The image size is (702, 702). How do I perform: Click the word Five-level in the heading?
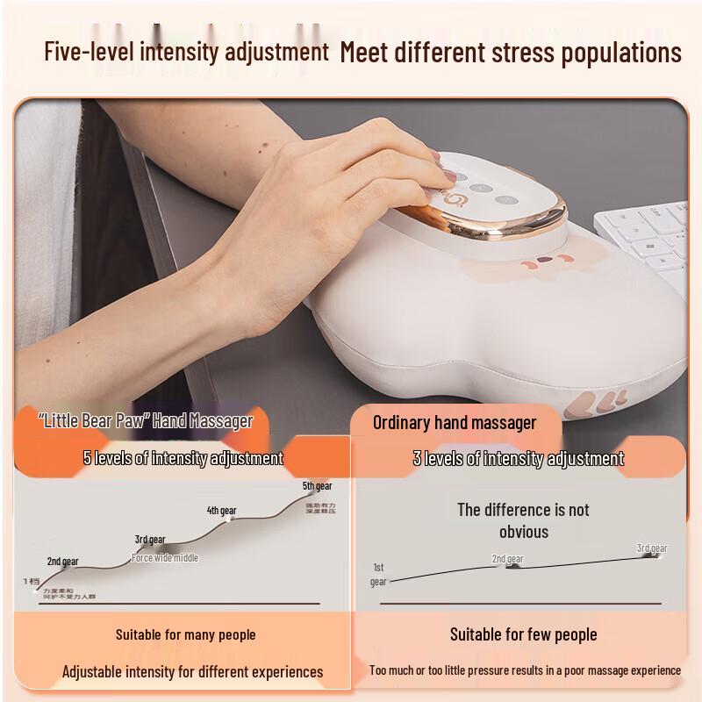coord(83,51)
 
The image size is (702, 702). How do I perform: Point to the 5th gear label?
coord(318,486)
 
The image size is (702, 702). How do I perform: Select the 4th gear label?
coord(221,511)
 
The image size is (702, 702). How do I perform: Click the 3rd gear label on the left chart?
coord(150,540)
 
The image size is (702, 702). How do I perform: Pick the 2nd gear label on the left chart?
coord(62,562)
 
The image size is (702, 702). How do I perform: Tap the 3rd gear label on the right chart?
coord(652,548)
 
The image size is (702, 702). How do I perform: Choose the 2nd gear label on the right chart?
coord(507,559)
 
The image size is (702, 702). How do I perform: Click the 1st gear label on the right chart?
coord(378,574)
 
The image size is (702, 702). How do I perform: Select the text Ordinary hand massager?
coord(455,422)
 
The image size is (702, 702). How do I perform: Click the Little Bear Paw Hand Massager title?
coord(146,421)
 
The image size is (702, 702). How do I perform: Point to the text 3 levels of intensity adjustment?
coord(519,458)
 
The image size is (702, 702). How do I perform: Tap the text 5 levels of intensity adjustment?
coord(183,458)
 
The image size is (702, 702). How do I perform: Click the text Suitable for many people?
coord(185,634)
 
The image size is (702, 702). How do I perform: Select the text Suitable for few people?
coord(523,634)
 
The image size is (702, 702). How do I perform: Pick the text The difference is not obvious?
coord(523,520)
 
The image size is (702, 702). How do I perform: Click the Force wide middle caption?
coord(165,558)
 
